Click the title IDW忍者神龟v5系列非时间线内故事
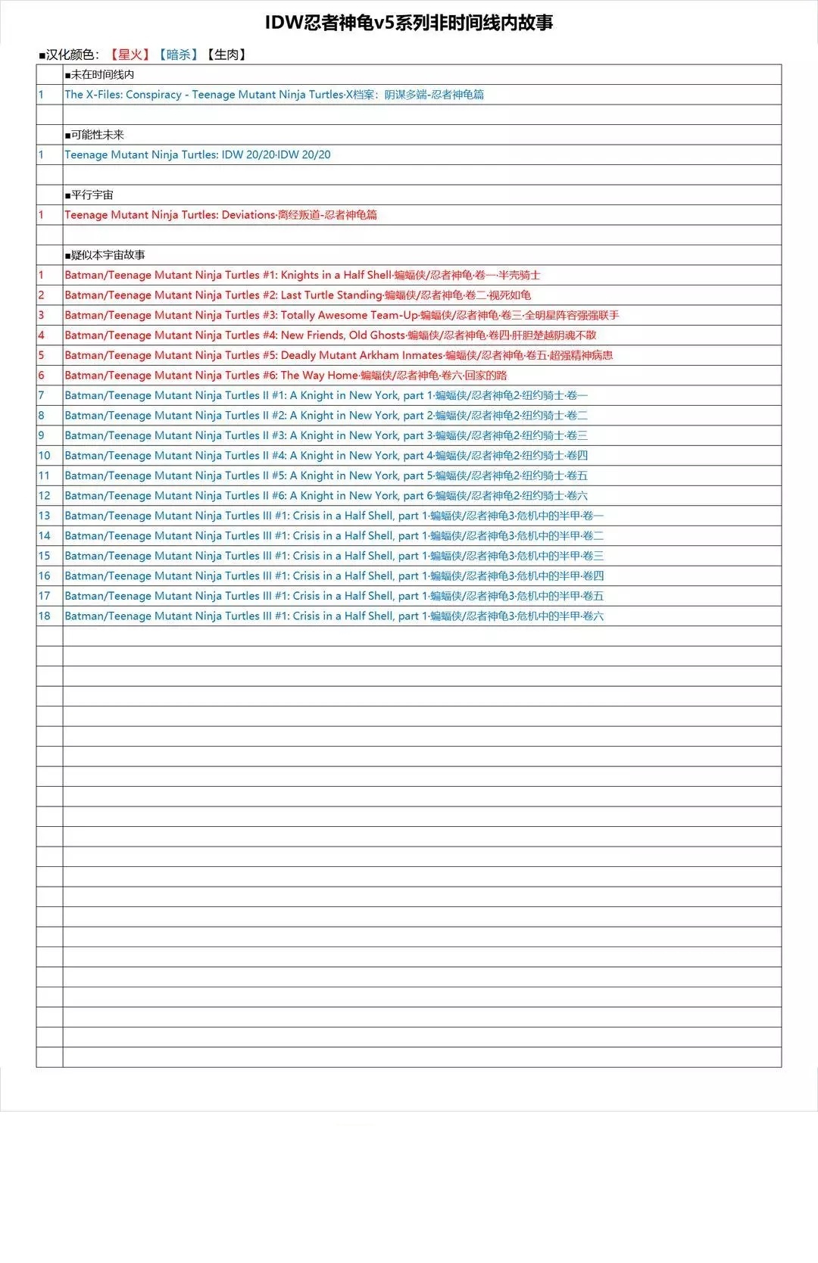tap(409, 23)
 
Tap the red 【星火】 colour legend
tap(130, 55)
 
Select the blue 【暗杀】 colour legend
tap(178, 55)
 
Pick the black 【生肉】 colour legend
tap(226, 55)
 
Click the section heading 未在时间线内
tap(101, 74)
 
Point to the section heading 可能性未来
tap(96, 135)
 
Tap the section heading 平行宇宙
tap(91, 195)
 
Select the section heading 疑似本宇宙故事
tap(107, 255)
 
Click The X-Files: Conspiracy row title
tap(274, 95)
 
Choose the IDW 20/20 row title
tap(198, 154)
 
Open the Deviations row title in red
tap(220, 215)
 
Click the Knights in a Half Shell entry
tap(302, 275)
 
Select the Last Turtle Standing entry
tap(298, 295)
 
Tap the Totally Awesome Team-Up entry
tap(342, 315)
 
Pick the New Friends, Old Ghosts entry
tap(330, 335)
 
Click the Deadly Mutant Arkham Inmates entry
tap(339, 355)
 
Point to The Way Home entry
tap(286, 376)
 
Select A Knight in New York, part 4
tap(326, 456)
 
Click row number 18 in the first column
tap(45, 616)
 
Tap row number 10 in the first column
tap(45, 456)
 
